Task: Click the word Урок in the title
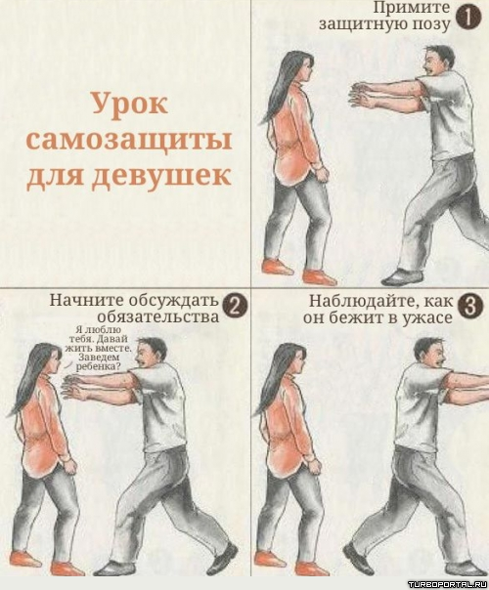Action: (130, 104)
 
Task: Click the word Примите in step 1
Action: (412, 8)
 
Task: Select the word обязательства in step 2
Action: (158, 316)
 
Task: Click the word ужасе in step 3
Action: (427, 318)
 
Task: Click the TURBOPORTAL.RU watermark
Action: (447, 584)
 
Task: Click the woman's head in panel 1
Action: (299, 67)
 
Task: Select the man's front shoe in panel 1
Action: (400, 277)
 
